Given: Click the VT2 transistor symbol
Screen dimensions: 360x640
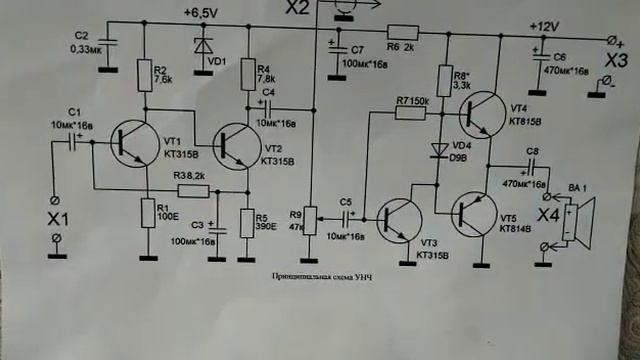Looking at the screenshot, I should point(239,144).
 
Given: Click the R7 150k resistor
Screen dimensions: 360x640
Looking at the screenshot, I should point(411,113).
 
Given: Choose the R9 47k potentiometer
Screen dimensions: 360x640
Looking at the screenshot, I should point(309,215).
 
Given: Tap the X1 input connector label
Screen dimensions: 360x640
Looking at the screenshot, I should point(57,216).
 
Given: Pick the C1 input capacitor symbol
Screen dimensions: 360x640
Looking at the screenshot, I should point(72,142).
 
